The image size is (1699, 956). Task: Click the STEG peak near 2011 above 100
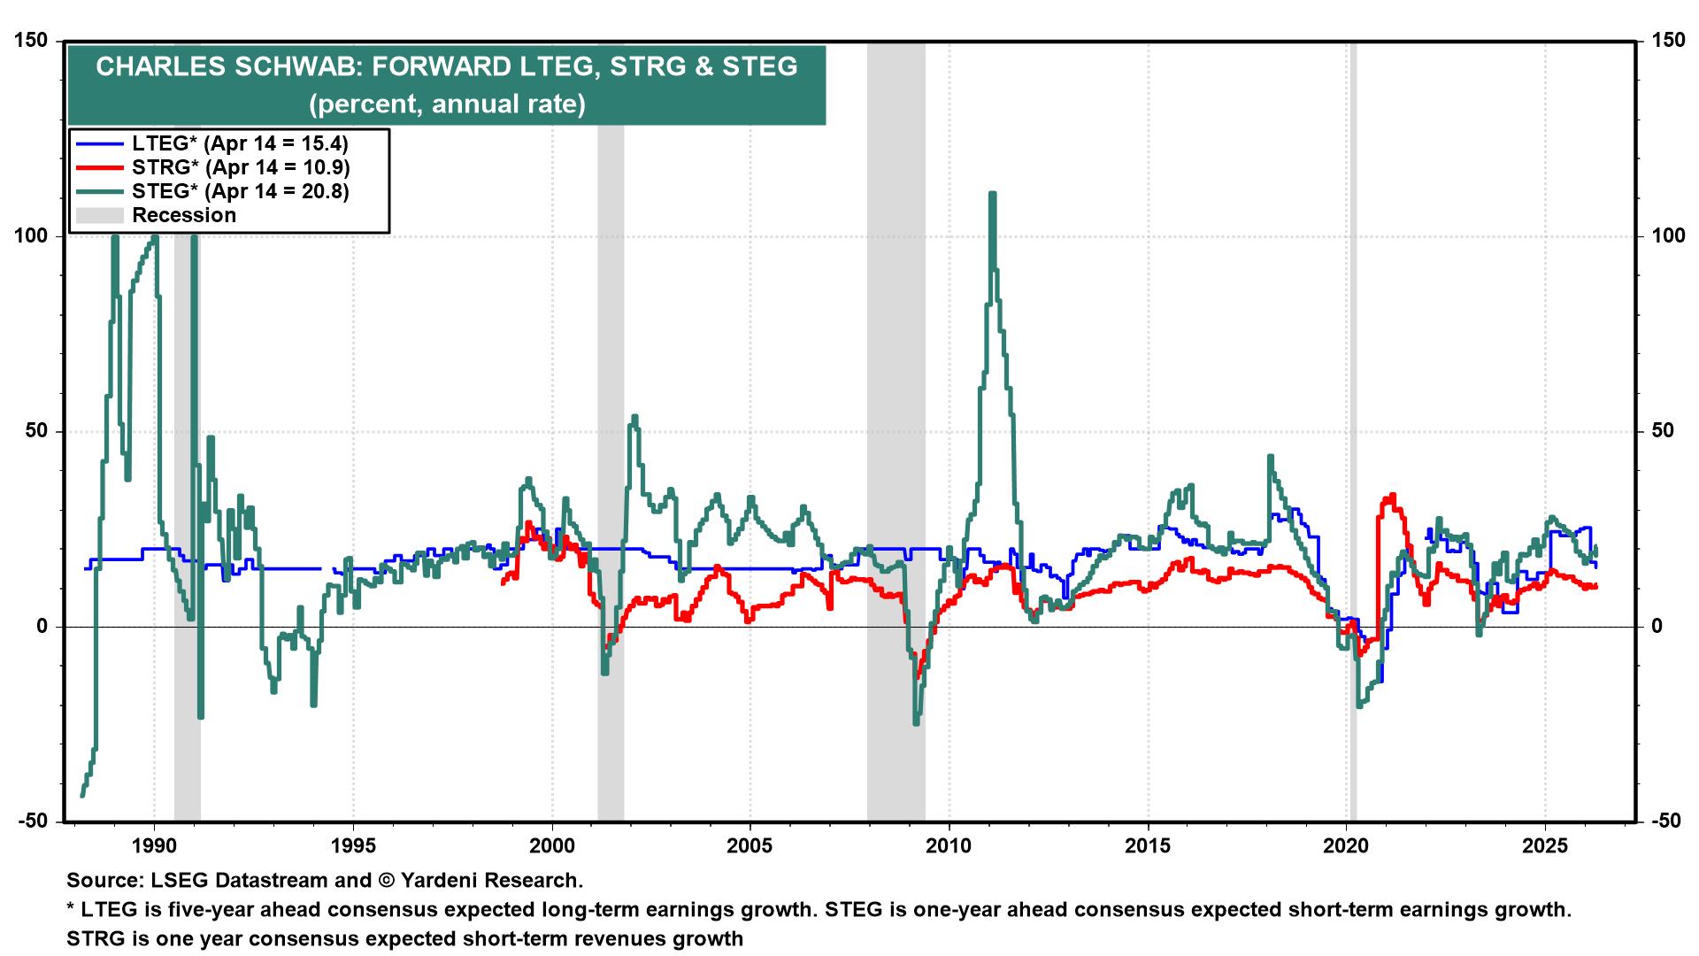click(x=992, y=196)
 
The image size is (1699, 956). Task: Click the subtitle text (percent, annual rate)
click(x=447, y=105)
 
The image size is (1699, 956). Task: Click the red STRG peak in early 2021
click(x=1393, y=497)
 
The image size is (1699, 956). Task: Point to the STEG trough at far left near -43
click(x=82, y=794)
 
